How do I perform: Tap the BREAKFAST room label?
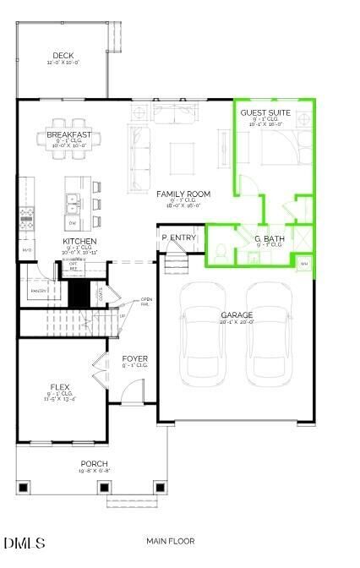(x=69, y=134)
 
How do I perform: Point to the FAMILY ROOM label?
(x=183, y=194)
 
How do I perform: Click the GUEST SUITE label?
(x=265, y=112)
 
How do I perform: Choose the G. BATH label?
(x=269, y=239)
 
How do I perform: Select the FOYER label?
(x=135, y=359)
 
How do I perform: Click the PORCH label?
(x=94, y=463)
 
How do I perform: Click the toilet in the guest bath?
(x=219, y=251)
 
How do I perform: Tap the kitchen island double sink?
(x=73, y=201)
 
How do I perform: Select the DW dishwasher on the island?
(x=73, y=221)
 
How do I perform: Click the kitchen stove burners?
(x=26, y=217)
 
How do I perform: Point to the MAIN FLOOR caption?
(x=170, y=541)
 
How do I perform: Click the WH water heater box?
(x=304, y=265)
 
